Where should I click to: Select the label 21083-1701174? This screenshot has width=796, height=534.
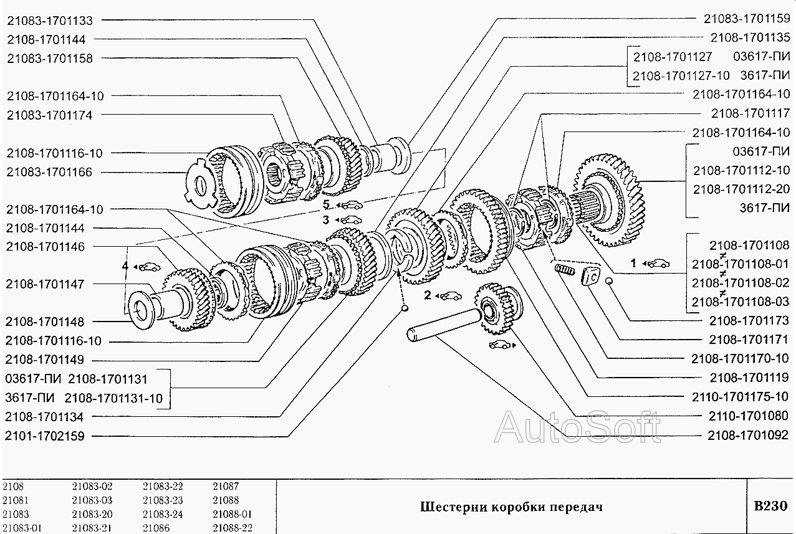pos(50,115)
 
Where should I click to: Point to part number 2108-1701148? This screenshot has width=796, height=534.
pos(45,322)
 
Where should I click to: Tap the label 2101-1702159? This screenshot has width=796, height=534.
pos(45,436)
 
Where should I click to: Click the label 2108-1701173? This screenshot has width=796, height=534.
pos(750,321)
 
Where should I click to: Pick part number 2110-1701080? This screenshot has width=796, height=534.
pos(750,416)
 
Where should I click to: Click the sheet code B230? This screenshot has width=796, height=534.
pos(772,506)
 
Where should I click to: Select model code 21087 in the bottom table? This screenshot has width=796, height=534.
pos(226,486)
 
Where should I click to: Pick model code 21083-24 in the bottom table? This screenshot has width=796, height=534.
pos(163,514)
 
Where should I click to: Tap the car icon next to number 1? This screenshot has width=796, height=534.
pos(658,263)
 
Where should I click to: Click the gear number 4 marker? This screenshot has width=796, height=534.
pos(125,267)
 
